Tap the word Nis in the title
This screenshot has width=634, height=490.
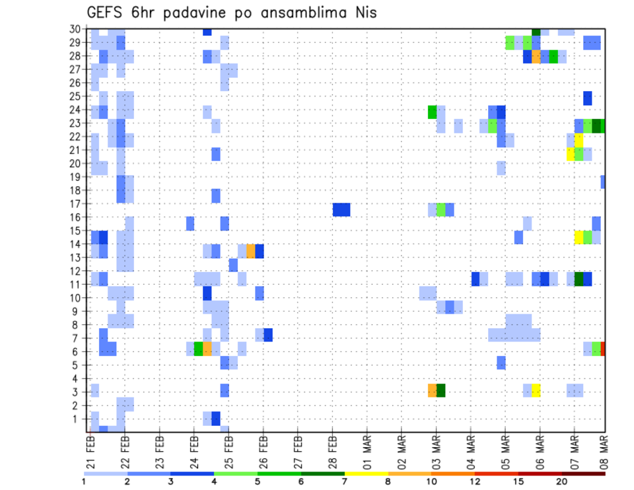pos(363,13)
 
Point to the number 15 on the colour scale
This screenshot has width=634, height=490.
pos(518,481)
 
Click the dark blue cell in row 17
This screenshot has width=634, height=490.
pos(341,209)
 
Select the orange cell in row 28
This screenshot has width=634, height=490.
pos(536,57)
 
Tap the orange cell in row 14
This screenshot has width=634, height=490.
pos(250,251)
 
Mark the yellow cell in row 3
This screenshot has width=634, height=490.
pos(536,390)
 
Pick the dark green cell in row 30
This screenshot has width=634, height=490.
pos(536,32)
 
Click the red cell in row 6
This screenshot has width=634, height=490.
pos(603,349)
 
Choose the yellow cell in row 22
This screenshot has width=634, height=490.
pos(579,140)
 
